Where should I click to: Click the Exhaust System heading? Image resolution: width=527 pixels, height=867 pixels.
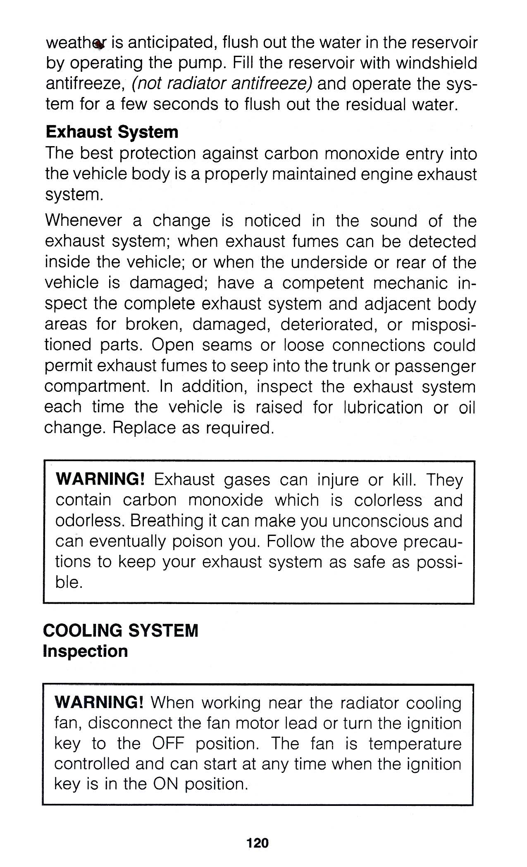coord(112,133)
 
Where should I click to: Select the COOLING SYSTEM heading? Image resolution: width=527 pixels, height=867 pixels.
coord(120,630)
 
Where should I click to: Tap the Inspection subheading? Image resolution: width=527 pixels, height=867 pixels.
coord(85,651)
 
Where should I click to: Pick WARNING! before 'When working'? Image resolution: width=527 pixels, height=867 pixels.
coord(99,702)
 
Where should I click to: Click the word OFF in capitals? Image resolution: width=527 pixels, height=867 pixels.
coord(168,744)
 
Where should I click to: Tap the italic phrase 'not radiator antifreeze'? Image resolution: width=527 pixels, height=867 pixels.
coord(222,84)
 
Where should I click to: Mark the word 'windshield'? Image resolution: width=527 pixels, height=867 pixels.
coord(436,63)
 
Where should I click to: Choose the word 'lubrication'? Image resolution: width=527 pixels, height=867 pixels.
coord(383,407)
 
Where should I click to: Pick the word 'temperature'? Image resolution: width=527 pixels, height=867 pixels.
coord(415,744)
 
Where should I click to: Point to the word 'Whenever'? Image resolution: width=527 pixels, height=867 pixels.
coord(83,221)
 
